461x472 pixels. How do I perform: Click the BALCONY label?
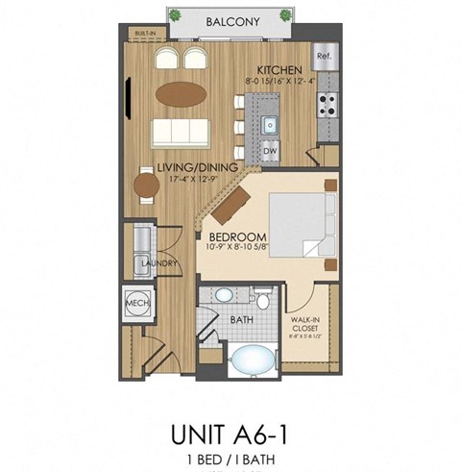click(230, 20)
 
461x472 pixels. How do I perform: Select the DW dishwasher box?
click(270, 152)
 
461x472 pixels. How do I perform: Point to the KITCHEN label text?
click(281, 70)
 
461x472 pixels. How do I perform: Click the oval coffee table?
click(182, 94)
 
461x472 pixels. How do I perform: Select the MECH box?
click(134, 305)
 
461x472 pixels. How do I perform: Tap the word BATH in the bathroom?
click(241, 318)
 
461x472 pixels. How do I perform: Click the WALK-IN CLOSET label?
click(309, 325)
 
